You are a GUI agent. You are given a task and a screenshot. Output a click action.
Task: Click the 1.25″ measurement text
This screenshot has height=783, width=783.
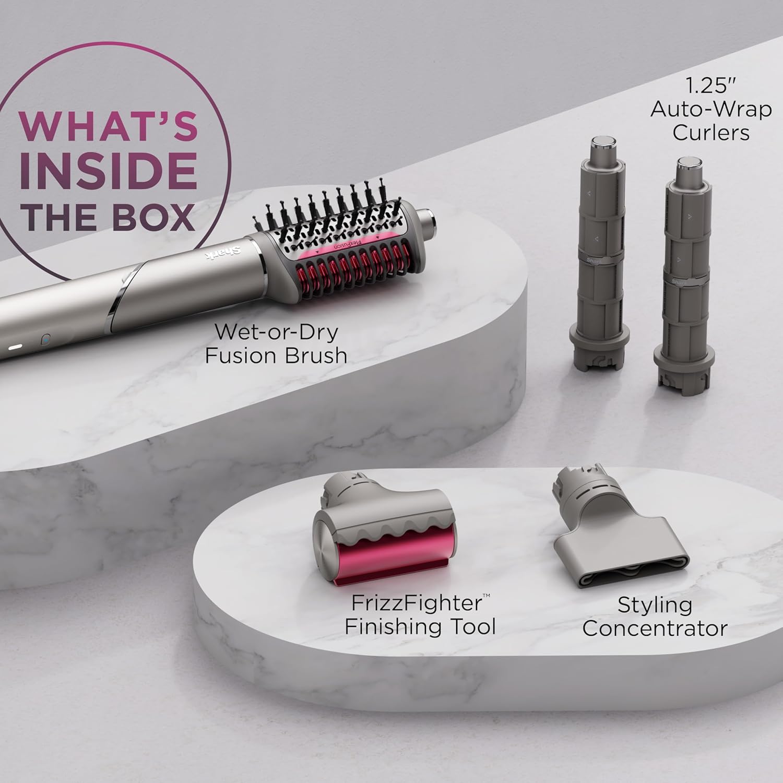pyautogui.click(x=710, y=85)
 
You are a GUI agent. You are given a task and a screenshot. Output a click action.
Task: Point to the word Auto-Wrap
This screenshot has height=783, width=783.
pyautogui.click(x=710, y=109)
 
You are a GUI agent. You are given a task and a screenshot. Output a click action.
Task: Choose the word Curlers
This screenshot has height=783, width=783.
pyautogui.click(x=710, y=132)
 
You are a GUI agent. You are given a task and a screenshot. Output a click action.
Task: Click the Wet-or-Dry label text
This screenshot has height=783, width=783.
pyautogui.click(x=276, y=332)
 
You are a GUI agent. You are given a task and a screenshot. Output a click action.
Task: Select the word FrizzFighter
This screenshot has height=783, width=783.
pyautogui.click(x=416, y=603)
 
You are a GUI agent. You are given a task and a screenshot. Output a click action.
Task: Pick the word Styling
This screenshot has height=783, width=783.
pyautogui.click(x=655, y=605)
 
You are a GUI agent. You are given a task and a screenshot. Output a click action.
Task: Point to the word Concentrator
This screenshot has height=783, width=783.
pyautogui.click(x=655, y=628)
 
